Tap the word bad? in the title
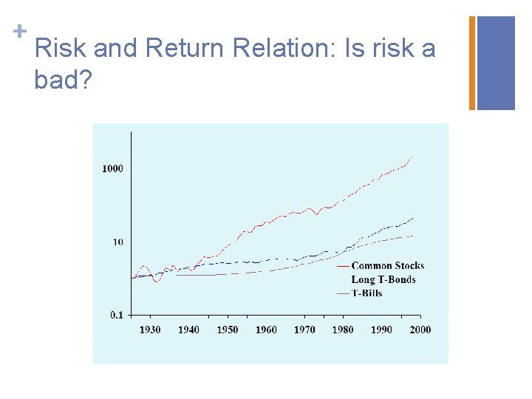point(63,79)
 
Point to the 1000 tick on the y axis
point(112,168)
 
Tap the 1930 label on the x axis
point(150,330)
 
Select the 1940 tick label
point(188,330)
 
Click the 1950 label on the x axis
point(228,330)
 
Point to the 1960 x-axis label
point(266,330)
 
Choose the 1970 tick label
point(304,330)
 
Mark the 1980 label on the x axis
point(343,330)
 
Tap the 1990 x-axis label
point(381,330)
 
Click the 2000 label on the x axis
point(420,330)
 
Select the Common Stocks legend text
point(388,266)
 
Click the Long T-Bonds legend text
point(383,279)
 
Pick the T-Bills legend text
point(367,293)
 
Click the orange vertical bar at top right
point(472,63)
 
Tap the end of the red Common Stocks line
point(411,157)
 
